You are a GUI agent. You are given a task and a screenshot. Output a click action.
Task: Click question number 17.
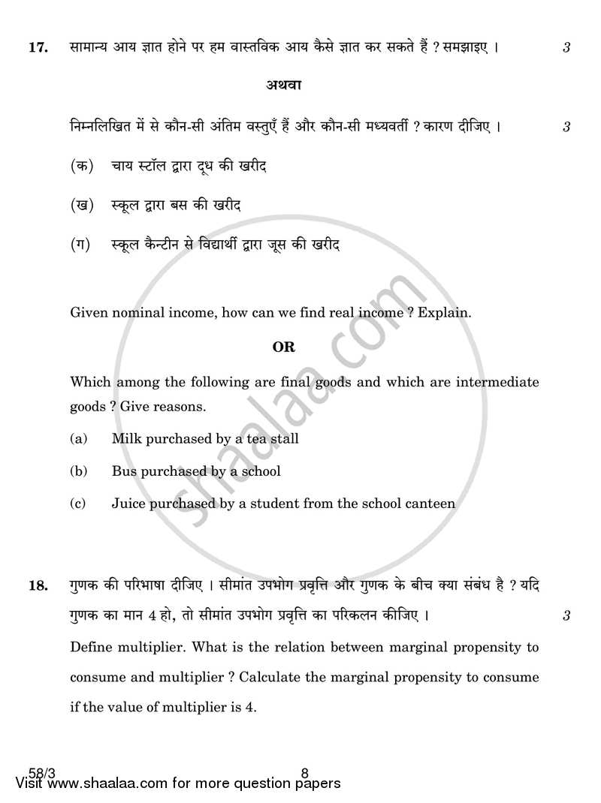38,48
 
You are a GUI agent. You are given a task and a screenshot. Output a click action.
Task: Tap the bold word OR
283,347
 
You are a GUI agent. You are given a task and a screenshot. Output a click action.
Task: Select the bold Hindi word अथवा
283,86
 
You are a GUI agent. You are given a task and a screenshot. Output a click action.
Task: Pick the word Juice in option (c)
128,504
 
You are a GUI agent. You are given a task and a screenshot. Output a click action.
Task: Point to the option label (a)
77,438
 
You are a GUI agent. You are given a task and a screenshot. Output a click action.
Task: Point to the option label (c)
77,504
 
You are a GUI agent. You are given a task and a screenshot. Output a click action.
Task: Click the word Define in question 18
92,647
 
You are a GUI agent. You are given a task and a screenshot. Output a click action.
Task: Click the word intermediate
496,382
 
